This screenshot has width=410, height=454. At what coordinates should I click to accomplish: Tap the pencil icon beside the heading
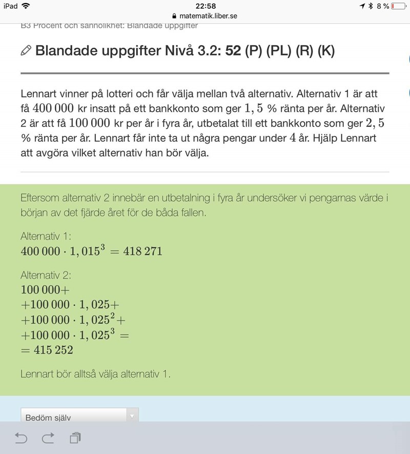pyautogui.click(x=26, y=50)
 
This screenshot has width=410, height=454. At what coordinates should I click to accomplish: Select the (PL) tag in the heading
pyautogui.click(x=277, y=51)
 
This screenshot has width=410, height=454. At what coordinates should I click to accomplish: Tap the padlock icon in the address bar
pyautogui.click(x=174, y=16)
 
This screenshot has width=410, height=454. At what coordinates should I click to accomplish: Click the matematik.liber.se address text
pyautogui.click(x=208, y=16)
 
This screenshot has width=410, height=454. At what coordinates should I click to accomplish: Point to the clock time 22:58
pyautogui.click(x=205, y=6)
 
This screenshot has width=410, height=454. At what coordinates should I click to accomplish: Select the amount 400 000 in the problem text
pyautogui.click(x=53, y=109)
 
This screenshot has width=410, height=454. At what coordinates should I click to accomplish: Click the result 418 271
pyautogui.click(x=143, y=251)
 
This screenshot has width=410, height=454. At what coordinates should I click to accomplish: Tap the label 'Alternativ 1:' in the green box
pyautogui.click(x=46, y=236)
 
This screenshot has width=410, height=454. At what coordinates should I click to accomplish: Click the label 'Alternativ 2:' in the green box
pyautogui.click(x=46, y=275)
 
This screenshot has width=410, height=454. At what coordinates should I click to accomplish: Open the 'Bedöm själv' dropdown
pyautogui.click(x=79, y=417)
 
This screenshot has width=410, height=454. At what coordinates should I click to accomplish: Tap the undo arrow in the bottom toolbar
pyautogui.click(x=20, y=438)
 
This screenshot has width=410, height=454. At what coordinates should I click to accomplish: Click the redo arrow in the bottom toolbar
pyautogui.click(x=48, y=438)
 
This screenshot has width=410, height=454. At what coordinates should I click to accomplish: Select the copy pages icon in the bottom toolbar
pyautogui.click(x=75, y=438)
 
